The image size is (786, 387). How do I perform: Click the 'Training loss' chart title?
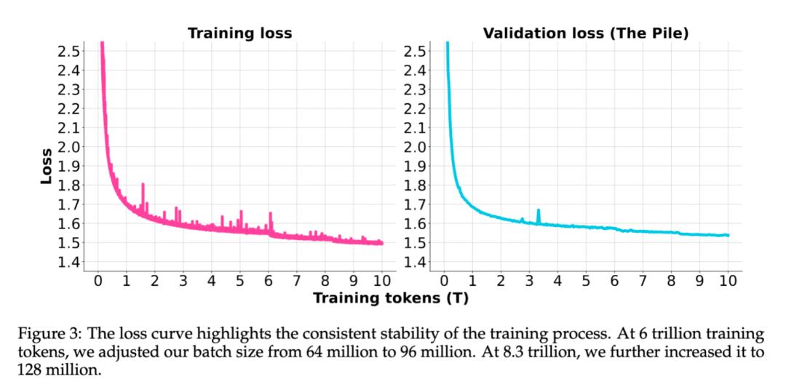[x=239, y=33]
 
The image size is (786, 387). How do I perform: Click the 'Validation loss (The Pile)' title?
[x=585, y=33]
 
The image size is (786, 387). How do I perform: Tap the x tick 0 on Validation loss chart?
[x=444, y=280]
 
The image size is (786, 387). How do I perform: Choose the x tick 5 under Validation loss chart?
[x=586, y=280]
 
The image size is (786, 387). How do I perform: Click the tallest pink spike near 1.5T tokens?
[x=143, y=185]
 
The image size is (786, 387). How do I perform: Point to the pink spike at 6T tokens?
[x=270, y=215]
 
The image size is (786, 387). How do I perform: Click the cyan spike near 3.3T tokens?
[x=539, y=211]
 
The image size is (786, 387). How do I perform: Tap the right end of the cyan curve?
[x=728, y=235]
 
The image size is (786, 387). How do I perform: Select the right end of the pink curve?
[x=382, y=243]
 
